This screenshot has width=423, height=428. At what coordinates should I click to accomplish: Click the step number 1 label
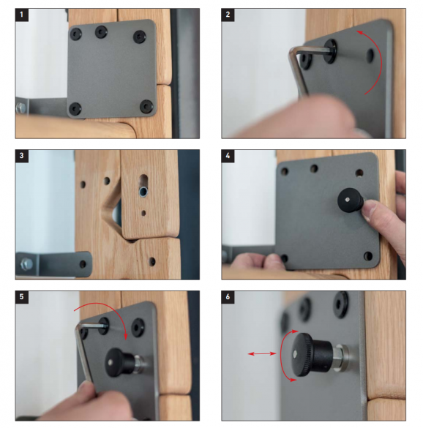(x=22, y=15)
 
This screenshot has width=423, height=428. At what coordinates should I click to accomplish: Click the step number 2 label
(x=228, y=15)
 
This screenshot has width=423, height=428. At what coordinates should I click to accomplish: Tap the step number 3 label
(x=22, y=156)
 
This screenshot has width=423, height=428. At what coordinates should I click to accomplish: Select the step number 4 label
(x=228, y=156)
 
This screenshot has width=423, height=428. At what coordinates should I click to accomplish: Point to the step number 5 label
(x=22, y=297)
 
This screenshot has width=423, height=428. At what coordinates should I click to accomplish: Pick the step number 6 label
(x=228, y=297)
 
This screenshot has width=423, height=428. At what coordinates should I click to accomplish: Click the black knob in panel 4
(x=351, y=200)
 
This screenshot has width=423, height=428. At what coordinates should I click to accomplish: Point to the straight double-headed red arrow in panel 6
(x=262, y=354)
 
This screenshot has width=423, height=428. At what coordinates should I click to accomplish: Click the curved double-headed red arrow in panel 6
(x=282, y=355)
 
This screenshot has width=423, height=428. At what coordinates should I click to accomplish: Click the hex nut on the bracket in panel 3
(x=27, y=264)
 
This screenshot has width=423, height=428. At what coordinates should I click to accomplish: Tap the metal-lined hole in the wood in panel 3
(x=143, y=192)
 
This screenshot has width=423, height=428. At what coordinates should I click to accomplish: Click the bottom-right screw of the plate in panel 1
(x=146, y=107)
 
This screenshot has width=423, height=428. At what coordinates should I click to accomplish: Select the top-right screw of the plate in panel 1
(x=140, y=37)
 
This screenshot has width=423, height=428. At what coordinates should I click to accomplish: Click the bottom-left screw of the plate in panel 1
(x=75, y=108)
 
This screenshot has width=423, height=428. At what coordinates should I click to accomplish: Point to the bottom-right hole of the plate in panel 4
(x=368, y=256)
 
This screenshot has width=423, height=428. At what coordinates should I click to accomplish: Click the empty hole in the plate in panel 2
(x=370, y=55)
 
